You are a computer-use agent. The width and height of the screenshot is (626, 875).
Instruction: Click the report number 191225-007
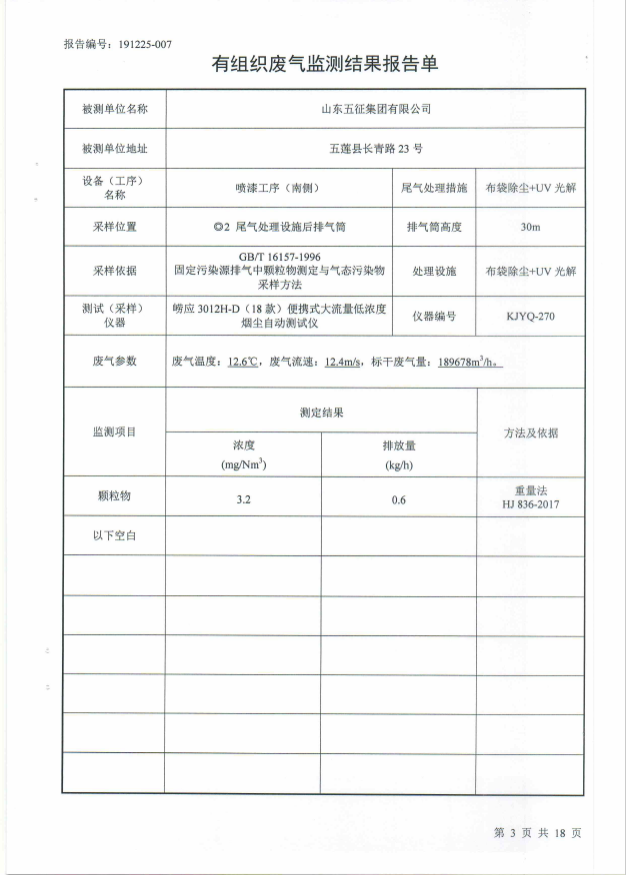(x=145, y=44)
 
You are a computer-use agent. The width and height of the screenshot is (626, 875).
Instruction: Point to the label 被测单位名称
(x=114, y=109)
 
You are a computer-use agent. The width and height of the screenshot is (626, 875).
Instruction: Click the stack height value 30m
(x=530, y=227)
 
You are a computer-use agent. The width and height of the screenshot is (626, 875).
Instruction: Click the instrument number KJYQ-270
(x=530, y=316)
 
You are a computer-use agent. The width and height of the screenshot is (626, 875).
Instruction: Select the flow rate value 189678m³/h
(x=469, y=362)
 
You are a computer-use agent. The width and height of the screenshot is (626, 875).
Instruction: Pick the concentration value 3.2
(x=243, y=499)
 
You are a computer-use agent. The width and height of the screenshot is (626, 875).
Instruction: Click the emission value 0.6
(x=399, y=499)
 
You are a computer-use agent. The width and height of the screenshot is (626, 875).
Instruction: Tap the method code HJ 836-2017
(x=530, y=505)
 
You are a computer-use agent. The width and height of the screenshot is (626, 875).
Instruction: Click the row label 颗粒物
(x=113, y=496)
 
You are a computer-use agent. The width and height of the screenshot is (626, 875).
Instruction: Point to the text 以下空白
(x=113, y=536)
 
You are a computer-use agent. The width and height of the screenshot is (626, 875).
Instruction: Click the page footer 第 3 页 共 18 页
(x=537, y=832)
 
